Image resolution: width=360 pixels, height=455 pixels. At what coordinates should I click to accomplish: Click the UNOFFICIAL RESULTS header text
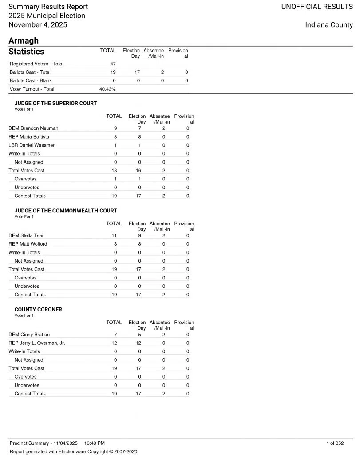[317, 7]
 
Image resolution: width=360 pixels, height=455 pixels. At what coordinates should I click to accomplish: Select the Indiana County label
[329, 25]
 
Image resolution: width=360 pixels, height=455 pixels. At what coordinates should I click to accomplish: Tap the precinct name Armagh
[24, 41]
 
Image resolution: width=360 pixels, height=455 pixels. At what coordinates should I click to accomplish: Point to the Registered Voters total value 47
[113, 64]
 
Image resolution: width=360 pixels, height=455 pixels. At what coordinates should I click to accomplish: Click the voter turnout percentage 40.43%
[107, 89]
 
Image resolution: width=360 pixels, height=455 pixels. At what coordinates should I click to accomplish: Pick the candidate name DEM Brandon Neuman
[33, 128]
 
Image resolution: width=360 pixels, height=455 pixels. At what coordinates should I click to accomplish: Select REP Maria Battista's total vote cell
[115, 137]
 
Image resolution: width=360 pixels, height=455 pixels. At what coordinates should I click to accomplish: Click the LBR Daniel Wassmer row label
[32, 145]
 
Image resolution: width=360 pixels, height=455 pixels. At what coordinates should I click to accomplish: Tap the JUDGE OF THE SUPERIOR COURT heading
[55, 104]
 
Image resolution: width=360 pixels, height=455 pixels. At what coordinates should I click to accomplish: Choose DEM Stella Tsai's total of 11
[114, 236]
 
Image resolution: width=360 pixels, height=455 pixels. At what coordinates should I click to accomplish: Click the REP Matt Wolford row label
[28, 244]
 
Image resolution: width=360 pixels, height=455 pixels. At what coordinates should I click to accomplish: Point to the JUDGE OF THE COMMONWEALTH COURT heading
[66, 211]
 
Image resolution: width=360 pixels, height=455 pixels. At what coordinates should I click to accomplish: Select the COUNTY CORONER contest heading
[38, 310]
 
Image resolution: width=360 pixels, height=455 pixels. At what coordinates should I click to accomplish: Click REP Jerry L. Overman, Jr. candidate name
[37, 343]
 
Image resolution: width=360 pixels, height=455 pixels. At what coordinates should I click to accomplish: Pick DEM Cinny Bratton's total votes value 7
[115, 335]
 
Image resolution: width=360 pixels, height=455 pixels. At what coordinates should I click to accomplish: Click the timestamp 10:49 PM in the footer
[94, 443]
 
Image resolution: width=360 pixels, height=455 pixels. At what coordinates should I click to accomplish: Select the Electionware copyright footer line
[73, 451]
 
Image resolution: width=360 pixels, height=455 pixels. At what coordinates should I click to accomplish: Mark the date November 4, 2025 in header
[38, 25]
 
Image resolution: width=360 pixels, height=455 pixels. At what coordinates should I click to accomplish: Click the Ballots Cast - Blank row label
[31, 81]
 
